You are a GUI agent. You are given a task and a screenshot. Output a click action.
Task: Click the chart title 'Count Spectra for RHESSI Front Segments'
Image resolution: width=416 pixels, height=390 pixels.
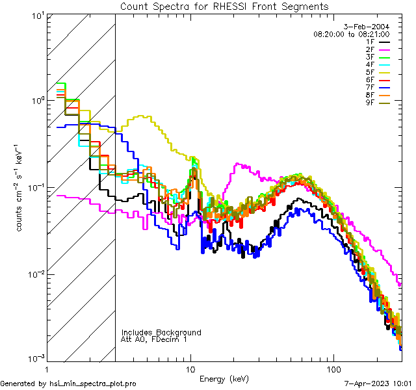click(224, 6)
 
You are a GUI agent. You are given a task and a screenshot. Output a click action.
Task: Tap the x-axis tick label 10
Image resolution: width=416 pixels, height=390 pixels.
click(190, 368)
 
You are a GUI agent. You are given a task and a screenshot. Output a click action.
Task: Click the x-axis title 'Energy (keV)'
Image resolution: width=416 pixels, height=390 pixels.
click(224, 378)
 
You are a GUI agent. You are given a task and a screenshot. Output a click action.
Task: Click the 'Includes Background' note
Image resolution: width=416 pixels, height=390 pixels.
click(161, 332)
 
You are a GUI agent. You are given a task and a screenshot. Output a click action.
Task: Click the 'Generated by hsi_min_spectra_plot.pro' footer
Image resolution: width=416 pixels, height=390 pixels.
click(68, 384)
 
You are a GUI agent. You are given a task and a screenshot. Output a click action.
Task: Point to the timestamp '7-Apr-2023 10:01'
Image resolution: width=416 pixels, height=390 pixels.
click(379, 384)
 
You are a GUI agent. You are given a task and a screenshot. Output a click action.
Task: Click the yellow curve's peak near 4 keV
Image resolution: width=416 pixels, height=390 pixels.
click(140, 116)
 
